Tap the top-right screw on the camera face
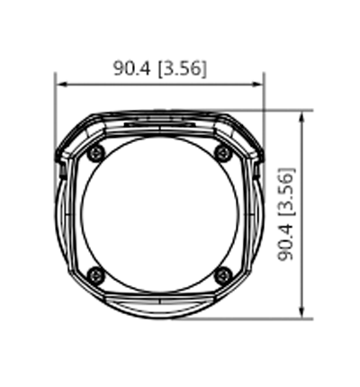224,153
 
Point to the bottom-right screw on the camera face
224,274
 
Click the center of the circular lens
161,213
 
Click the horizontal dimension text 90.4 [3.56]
159,68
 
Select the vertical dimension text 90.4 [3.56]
287,213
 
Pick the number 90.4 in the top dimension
132,68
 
